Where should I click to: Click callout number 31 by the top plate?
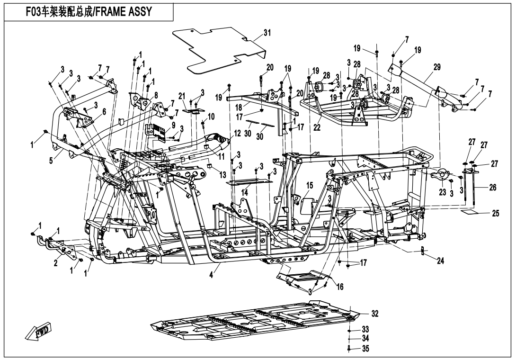pos(267,33)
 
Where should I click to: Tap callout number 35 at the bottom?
pos(365,349)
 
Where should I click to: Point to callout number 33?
pos(365,329)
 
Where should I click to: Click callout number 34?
pos(365,339)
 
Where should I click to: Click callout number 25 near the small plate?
pos(495,214)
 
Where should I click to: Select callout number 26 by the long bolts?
pos(492,188)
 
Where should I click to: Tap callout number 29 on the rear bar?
pos(436,67)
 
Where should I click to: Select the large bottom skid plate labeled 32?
pos(256,322)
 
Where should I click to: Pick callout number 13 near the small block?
pos(222,174)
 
